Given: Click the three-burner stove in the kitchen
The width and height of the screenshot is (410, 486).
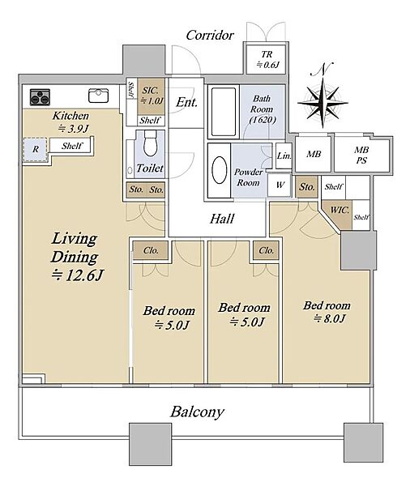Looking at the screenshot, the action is tap(40, 97).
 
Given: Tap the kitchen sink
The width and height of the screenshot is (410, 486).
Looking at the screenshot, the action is tap(98, 96).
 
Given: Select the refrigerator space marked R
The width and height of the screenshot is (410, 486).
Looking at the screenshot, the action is tap(36, 149).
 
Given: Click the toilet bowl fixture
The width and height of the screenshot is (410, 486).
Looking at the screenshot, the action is tap(151, 143).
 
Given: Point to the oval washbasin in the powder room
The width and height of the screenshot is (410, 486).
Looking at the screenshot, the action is tap(220, 170).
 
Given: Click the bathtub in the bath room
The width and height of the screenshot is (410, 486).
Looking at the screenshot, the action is tap(224, 112).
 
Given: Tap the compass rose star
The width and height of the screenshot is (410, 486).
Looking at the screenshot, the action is tap(322, 103).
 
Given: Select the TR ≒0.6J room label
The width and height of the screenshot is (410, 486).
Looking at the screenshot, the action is tap(268, 59).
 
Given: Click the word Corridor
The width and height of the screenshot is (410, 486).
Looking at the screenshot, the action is tap(210, 35).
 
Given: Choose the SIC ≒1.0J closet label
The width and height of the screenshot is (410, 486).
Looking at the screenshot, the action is tap(152, 95).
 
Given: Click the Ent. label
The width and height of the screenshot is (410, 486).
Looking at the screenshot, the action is tap(186, 102).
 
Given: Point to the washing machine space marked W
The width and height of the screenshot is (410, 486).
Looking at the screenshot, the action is tap(280, 185).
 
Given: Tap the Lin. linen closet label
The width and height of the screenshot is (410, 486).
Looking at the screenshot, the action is tap(284, 156).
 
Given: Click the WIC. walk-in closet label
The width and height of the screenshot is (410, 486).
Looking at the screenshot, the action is tap(340, 210).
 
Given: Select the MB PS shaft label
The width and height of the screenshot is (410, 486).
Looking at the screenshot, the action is tap(361, 155).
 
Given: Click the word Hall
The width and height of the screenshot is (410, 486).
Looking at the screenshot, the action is tap(222, 219).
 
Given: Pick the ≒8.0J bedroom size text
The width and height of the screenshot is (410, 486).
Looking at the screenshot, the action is tap(329, 318).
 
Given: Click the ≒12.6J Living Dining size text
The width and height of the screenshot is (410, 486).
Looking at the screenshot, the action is tap(77, 275).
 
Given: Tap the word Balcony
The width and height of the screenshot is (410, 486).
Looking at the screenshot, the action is tap(197, 412).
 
